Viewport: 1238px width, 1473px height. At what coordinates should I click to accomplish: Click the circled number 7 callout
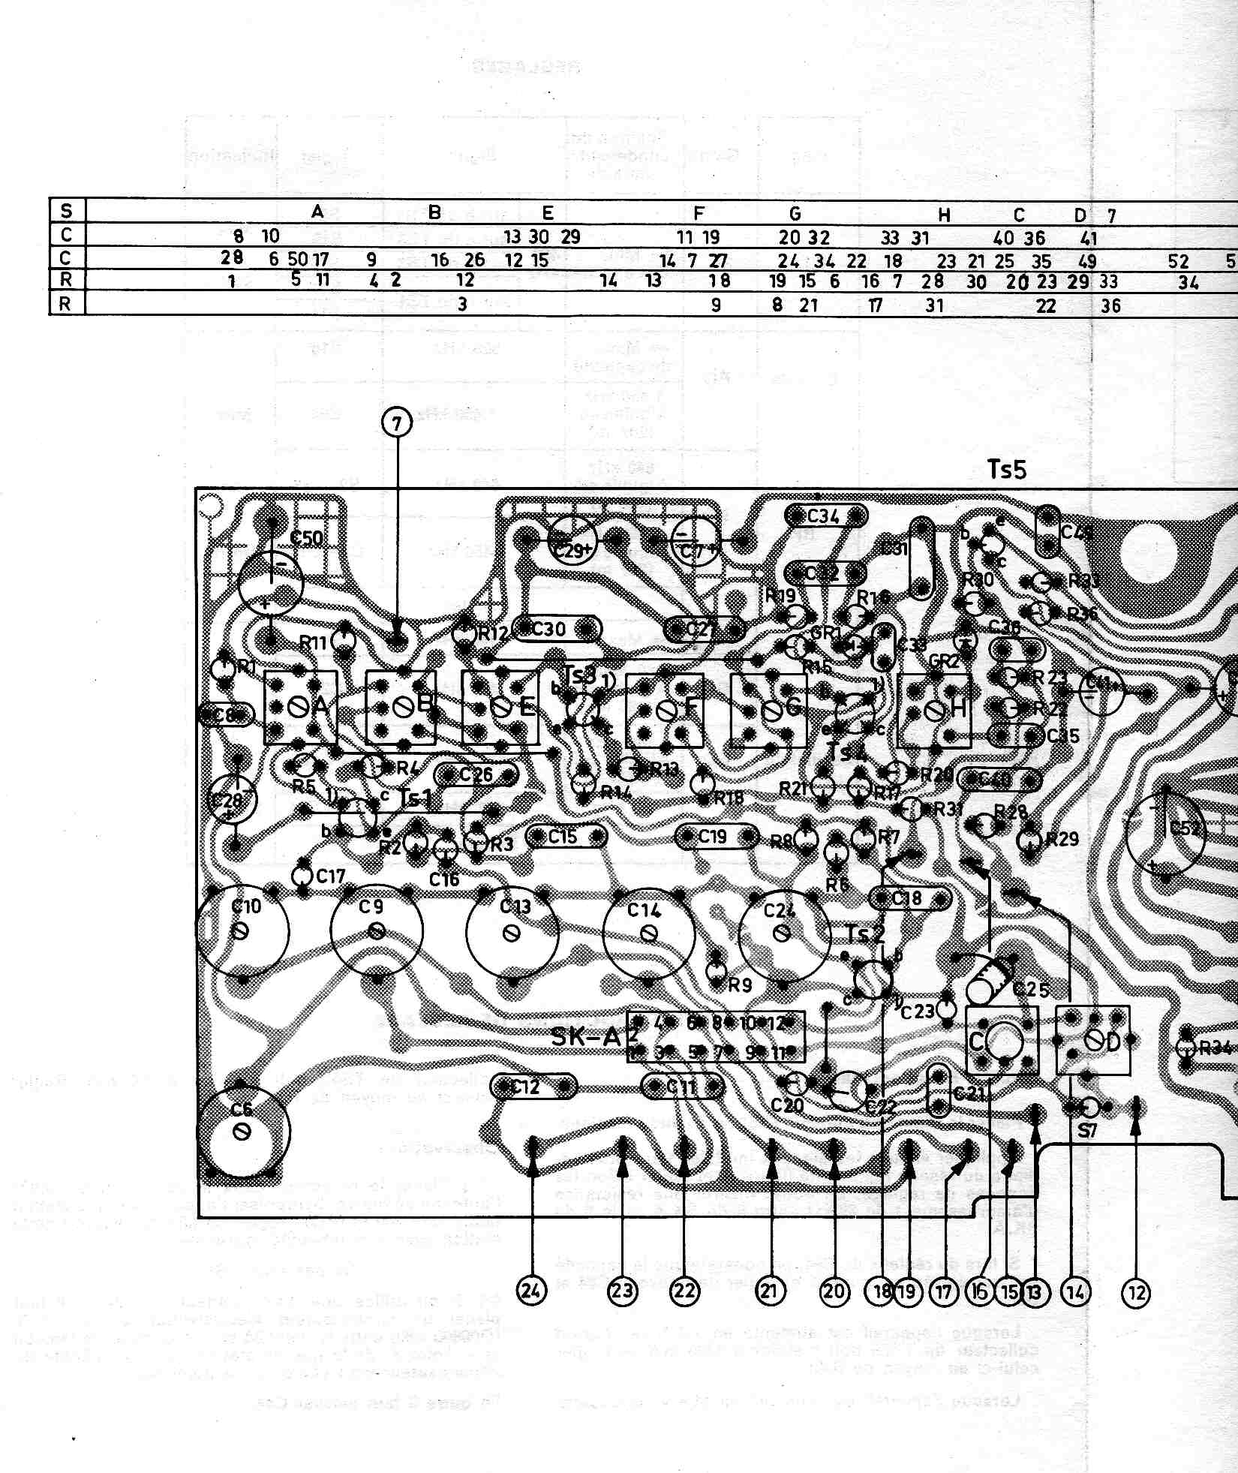397,423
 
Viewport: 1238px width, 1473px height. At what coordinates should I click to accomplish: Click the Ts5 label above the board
1006,470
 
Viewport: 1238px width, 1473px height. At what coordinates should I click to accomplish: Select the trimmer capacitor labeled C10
242,930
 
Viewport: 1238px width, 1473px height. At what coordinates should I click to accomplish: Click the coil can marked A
300,708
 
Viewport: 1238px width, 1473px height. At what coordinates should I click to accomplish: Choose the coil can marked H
934,710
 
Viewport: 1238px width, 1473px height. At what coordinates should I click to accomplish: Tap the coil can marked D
1092,1040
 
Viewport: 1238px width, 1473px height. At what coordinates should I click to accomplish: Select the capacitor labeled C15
566,836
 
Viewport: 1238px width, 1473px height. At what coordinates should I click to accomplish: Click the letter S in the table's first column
67,211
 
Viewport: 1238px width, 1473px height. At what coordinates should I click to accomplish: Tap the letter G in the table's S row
795,213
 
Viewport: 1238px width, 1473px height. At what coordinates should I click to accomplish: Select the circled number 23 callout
622,1291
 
